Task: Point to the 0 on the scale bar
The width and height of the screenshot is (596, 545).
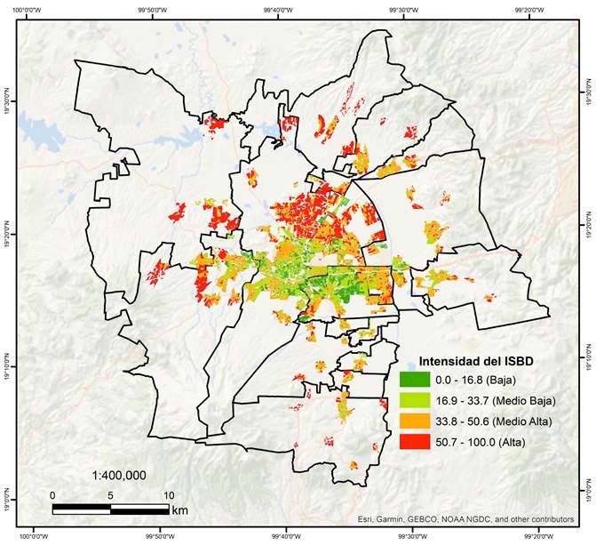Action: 52,495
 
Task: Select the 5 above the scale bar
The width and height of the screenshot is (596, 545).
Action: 111,495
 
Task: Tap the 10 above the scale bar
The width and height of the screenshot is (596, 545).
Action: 169,495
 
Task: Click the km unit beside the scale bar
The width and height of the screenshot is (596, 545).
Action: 180,509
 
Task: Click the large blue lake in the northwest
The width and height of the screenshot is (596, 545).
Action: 40,133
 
